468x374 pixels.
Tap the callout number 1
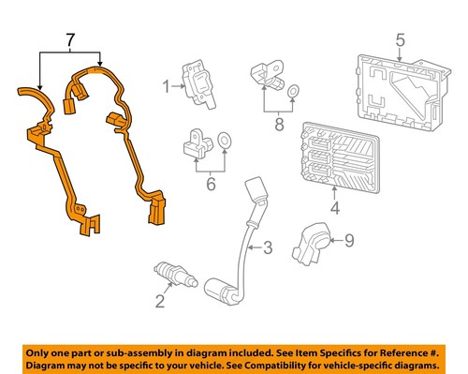coord(165,88)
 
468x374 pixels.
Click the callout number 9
coord(349,242)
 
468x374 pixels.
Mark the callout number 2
coord(160,301)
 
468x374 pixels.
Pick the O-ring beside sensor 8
coord(294,90)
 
